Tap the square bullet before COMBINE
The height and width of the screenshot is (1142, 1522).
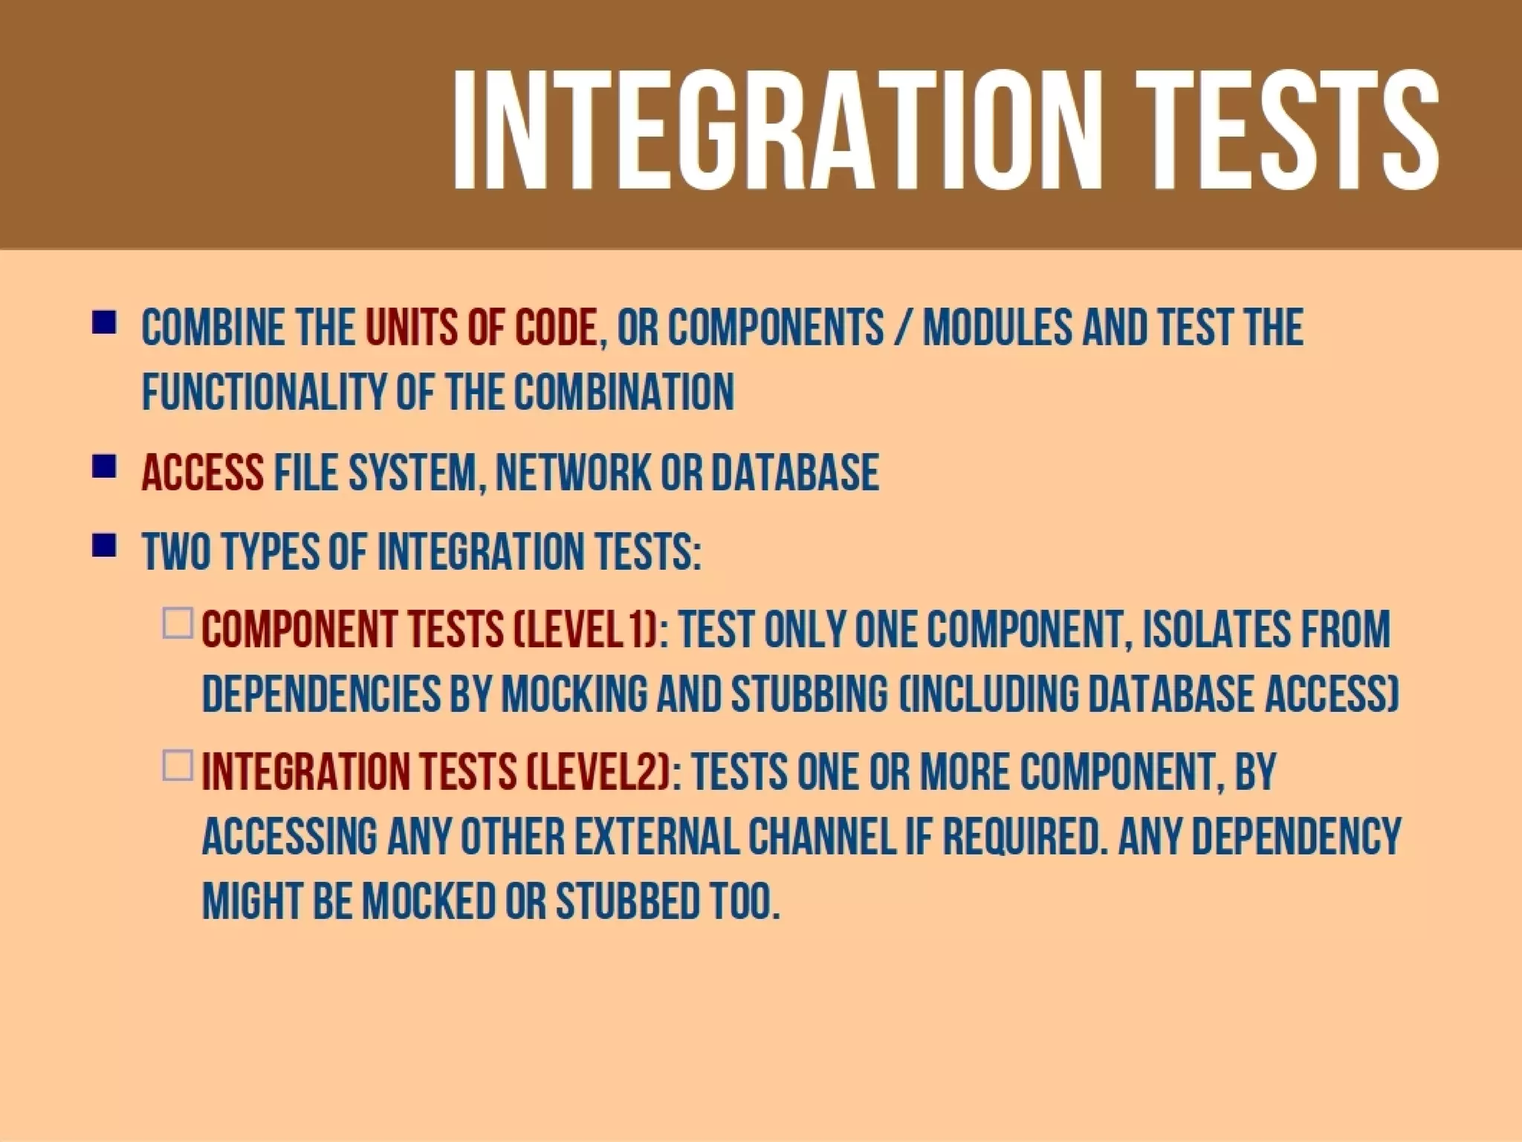tap(104, 324)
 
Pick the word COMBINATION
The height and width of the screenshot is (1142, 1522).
tap(624, 392)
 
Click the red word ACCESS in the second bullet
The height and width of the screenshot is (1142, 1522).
tap(202, 473)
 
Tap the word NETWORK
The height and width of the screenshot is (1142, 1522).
tap(572, 473)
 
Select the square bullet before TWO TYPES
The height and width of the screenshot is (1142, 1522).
tap(104, 546)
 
